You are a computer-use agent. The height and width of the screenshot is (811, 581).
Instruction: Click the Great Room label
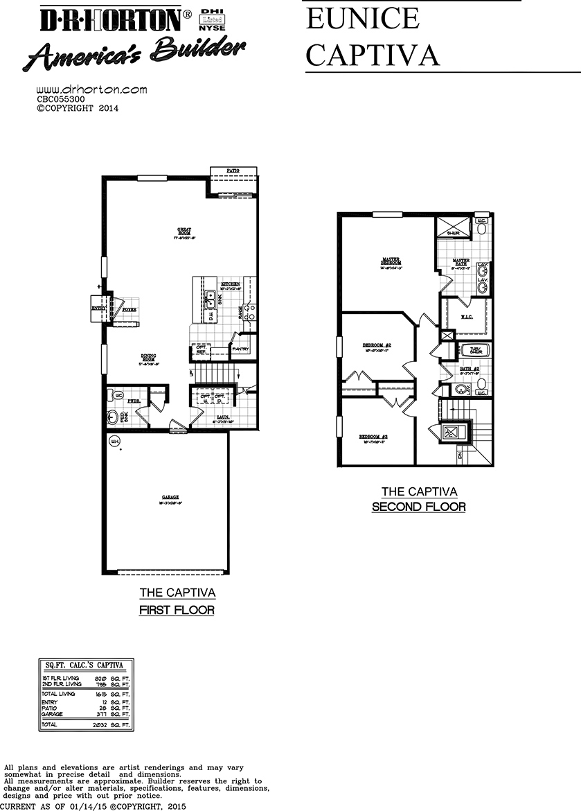point(184,231)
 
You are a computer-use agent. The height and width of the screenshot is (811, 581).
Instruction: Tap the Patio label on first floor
point(233,170)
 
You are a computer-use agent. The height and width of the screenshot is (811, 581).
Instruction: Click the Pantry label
point(241,349)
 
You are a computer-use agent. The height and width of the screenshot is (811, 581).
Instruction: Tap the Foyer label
point(130,309)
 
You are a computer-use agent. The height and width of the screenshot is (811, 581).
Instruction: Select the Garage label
point(170,498)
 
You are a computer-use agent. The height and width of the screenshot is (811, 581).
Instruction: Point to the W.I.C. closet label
point(467,317)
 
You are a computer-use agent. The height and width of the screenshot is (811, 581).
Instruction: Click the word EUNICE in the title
point(362,19)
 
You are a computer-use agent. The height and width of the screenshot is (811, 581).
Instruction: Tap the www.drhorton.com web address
point(91,90)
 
